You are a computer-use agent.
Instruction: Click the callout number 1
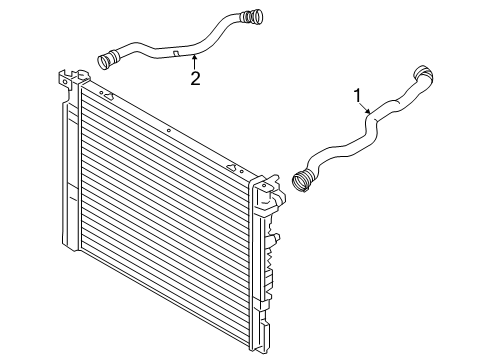[357, 95]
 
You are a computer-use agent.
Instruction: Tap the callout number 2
[196, 79]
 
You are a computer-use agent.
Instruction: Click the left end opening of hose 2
[105, 61]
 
